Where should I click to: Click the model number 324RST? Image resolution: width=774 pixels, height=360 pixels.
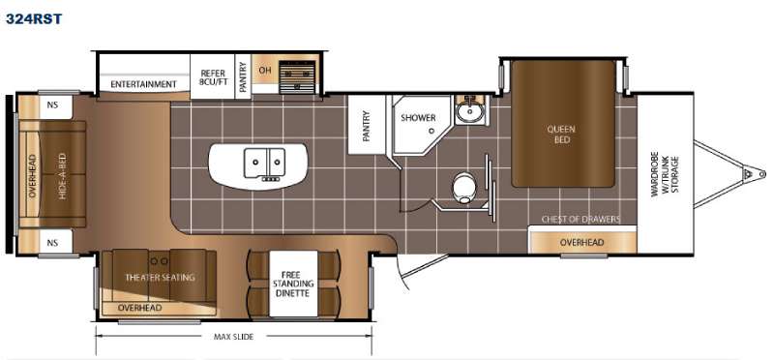point(34,18)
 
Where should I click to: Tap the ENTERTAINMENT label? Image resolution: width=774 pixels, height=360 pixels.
point(143,84)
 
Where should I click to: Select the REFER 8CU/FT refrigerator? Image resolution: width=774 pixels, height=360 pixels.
point(213,76)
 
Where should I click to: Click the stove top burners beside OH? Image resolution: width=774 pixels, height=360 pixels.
point(297,77)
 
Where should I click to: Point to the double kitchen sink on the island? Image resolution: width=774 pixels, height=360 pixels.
point(264,164)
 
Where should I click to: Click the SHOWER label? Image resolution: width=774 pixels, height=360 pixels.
point(418,118)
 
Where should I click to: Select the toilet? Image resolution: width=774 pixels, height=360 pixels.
point(463,188)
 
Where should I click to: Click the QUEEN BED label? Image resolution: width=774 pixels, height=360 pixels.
point(561,135)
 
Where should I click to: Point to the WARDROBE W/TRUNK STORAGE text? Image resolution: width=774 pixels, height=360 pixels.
point(665,176)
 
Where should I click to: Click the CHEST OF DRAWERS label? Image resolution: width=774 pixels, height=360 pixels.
point(581,220)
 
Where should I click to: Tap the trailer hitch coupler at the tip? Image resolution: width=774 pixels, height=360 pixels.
point(755,173)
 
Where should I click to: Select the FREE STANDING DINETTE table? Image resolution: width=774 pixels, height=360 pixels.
point(293,284)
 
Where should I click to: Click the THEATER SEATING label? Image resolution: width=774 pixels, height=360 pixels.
point(160,278)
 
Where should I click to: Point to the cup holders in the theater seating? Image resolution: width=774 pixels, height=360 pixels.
point(159,260)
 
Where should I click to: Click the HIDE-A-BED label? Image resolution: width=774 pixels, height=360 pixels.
point(62,176)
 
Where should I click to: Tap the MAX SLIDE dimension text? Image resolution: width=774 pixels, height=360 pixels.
point(233,337)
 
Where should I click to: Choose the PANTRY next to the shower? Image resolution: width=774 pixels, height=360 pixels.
point(367,125)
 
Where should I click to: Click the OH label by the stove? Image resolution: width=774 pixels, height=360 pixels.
point(265,70)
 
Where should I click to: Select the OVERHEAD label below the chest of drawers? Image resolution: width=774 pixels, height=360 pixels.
point(582,242)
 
